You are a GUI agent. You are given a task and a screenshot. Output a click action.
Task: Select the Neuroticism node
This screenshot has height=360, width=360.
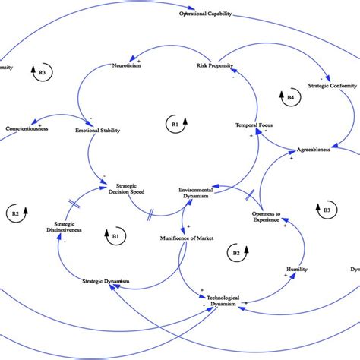click(x=128, y=66)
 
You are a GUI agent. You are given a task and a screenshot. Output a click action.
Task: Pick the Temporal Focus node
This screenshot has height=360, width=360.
click(x=254, y=125)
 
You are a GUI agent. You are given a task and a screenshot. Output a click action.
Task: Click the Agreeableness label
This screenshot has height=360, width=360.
click(x=313, y=150)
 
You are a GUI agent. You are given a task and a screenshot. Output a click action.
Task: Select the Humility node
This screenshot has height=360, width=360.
click(x=296, y=269)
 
